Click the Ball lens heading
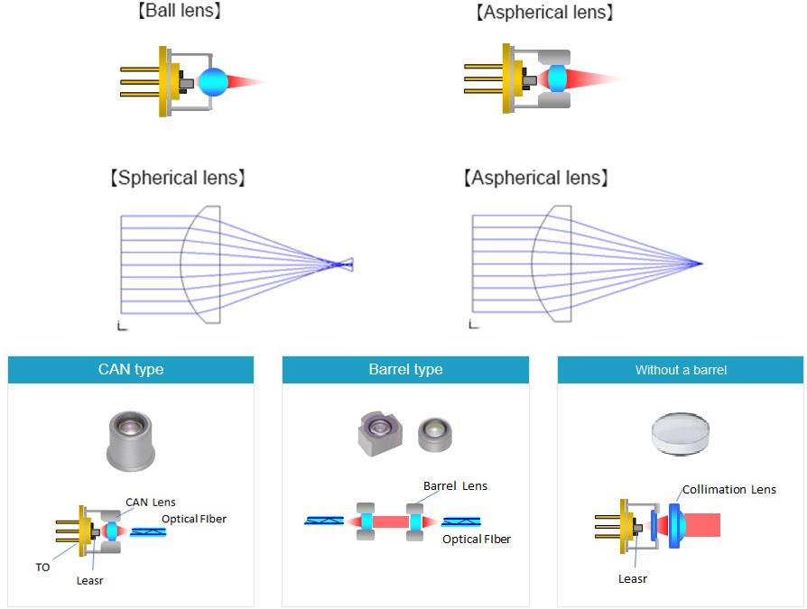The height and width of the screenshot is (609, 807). pos(177,12)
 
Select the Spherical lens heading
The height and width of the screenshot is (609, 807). pos(177,178)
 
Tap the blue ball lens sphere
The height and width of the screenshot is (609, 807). pos(213,82)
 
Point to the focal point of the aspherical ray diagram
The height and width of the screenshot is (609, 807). pos(700,263)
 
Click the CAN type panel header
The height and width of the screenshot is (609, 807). pos(131,370)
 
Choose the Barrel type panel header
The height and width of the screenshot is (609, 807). pos(405,370)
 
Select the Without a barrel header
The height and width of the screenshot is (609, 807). pos(680,370)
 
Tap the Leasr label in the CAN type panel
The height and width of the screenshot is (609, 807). pos(90,580)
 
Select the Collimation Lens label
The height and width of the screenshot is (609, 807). pos(728,490)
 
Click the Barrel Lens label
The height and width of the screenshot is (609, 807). pos(455,486)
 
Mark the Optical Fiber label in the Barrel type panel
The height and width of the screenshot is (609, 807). pos(476,540)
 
